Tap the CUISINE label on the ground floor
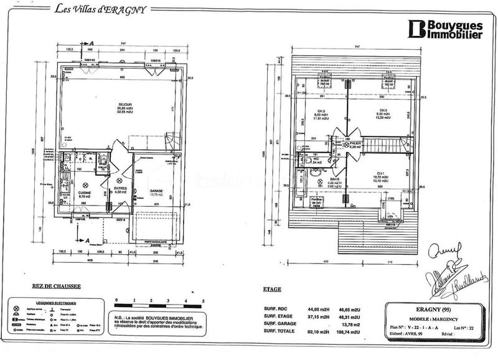[x=84, y=194]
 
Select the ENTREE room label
[x=120, y=189]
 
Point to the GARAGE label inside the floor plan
[x=156, y=192]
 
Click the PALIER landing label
[x=355, y=143]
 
